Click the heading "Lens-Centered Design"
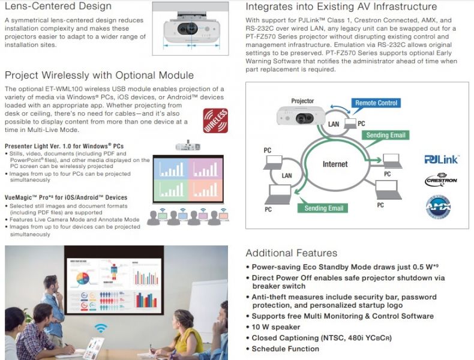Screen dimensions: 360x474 click(x=58, y=7)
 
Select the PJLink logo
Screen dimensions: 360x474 click(x=441, y=160)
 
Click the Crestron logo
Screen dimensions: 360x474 click(x=441, y=179)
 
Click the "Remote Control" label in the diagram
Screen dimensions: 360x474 click(x=376, y=103)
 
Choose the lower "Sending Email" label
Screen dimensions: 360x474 click(x=324, y=208)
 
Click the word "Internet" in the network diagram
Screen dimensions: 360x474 click(x=335, y=164)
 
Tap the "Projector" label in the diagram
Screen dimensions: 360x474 click(x=302, y=101)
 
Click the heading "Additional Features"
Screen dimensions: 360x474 click(x=291, y=253)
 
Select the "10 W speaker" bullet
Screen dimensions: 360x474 click(x=275, y=327)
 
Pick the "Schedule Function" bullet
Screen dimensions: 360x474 click(x=285, y=349)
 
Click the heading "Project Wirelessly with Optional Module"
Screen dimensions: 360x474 click(x=99, y=75)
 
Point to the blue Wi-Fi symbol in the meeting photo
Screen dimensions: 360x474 click(x=101, y=328)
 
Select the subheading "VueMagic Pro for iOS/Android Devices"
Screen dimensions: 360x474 click(x=66, y=197)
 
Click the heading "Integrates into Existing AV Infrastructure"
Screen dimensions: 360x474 click(x=341, y=7)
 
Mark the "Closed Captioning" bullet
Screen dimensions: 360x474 click(x=321, y=338)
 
